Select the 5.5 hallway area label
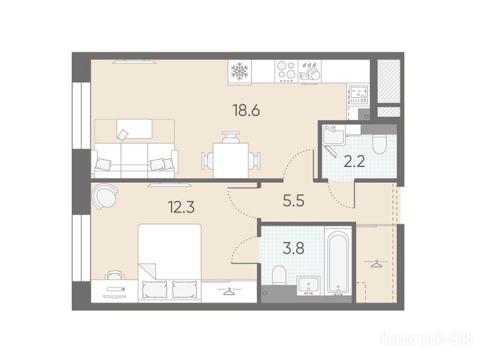pyautogui.click(x=294, y=201)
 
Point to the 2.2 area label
pyautogui.click(x=354, y=161)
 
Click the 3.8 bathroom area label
pyautogui.click(x=293, y=249)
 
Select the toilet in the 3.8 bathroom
pyautogui.click(x=278, y=275)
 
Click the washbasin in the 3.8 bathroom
pyautogui.click(x=308, y=285)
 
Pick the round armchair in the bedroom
pyautogui.click(x=105, y=196)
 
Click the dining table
pyautogui.click(x=231, y=160)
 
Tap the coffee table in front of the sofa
pyautogui.click(x=135, y=129)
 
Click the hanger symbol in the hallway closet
pyautogui.click(x=376, y=263)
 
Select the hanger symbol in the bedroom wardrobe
pyautogui.click(x=228, y=292)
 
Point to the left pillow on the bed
pyautogui.click(x=155, y=289)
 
